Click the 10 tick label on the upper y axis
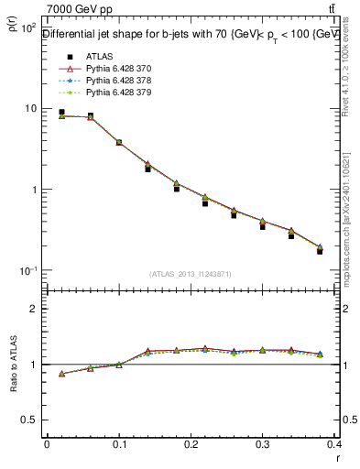(x=29, y=109)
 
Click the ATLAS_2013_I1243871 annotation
(x=190, y=274)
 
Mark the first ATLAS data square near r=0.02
(x=61, y=113)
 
